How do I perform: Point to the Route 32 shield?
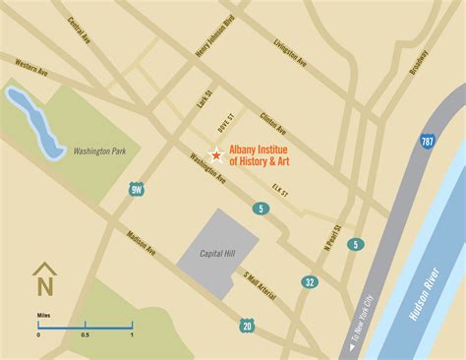(x=311, y=283)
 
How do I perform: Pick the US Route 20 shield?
(x=245, y=325)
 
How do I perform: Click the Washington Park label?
(x=102, y=151)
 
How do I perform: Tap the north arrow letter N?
(x=42, y=286)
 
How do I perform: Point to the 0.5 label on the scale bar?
(x=86, y=334)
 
